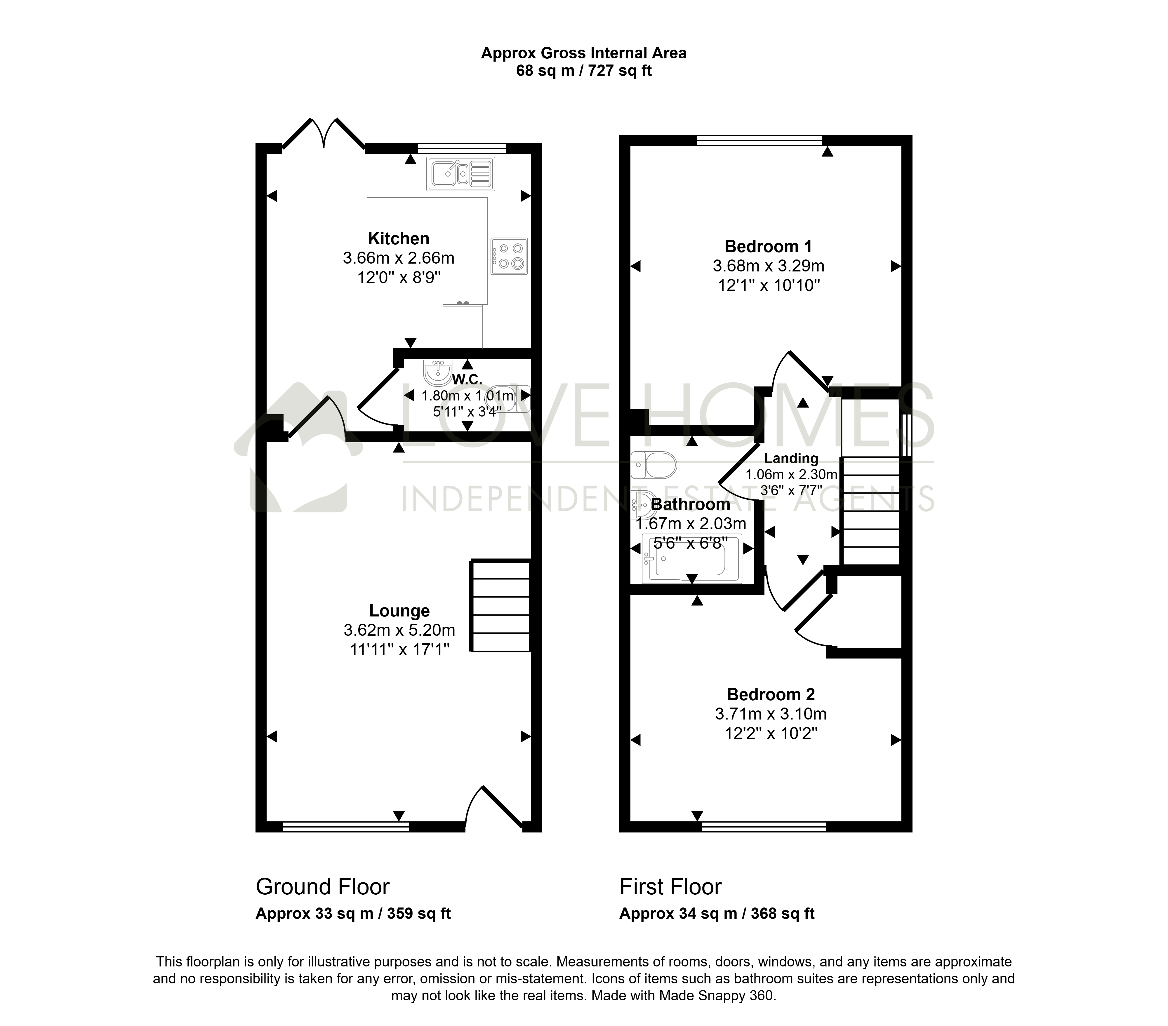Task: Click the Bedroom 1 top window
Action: point(759,140)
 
